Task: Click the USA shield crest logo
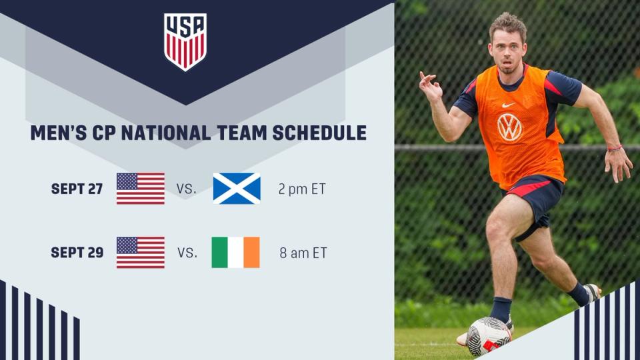[185, 41]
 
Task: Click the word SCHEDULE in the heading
[319, 133]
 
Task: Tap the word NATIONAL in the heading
[166, 133]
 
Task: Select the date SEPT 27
[77, 189]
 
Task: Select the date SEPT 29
[77, 253]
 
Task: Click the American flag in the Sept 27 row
[141, 188]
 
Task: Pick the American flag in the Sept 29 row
[141, 252]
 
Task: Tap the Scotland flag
[237, 188]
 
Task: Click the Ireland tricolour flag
[235, 252]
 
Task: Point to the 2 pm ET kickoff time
[302, 189]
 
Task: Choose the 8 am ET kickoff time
[303, 253]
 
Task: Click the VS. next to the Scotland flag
[187, 189]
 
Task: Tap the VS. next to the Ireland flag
[187, 253]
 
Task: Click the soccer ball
[488, 336]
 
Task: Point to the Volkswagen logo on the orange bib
[509, 128]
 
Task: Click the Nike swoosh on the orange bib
[508, 105]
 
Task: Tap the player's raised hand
[431, 86]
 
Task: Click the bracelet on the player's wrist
[615, 148]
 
